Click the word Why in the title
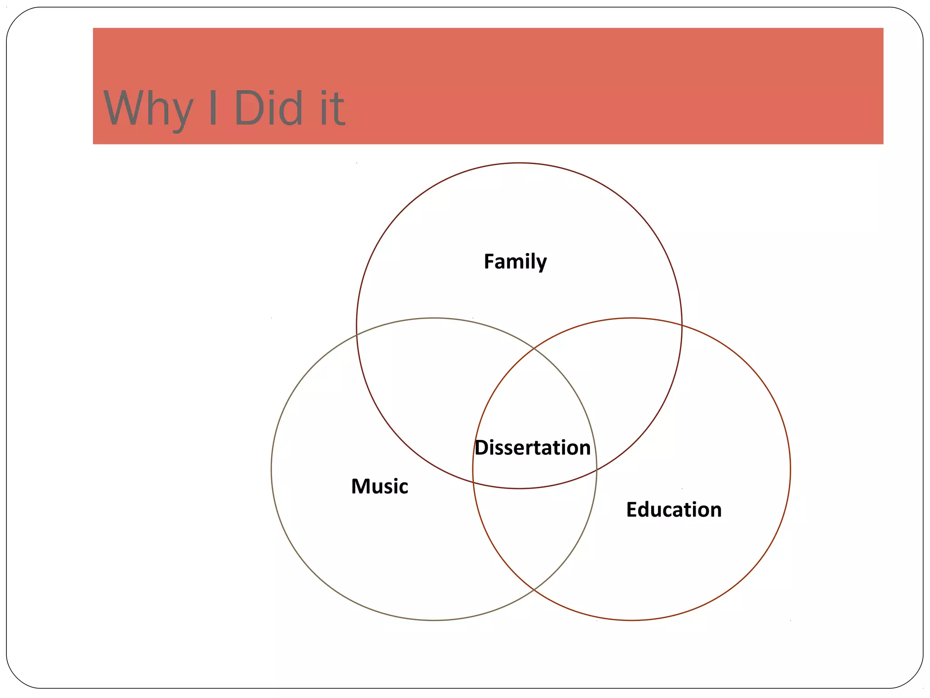click(x=148, y=109)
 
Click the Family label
click(x=515, y=262)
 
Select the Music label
click(x=380, y=486)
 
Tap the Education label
click(x=674, y=509)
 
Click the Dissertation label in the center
click(x=533, y=448)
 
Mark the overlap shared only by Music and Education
click(x=534, y=536)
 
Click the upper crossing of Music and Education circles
click(x=534, y=349)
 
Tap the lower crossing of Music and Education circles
click(x=534, y=589)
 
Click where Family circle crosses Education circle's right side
click(x=682, y=324)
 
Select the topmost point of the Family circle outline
click(x=519, y=163)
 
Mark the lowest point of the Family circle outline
click(x=519, y=489)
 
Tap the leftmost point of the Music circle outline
click(x=272, y=469)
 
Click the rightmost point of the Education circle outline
click(x=790, y=469)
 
